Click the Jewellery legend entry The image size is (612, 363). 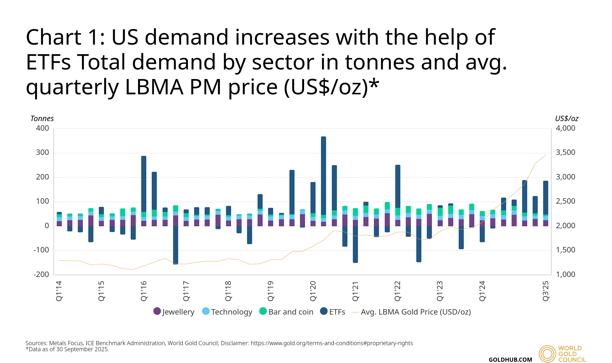tap(174, 312)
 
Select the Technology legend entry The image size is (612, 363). tap(227, 312)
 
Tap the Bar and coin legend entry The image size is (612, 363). tap(286, 312)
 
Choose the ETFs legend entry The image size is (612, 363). tap(333, 312)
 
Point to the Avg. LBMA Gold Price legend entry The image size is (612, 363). tap(411, 312)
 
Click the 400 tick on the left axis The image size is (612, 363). tap(43, 128)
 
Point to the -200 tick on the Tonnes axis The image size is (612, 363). tap(41, 274)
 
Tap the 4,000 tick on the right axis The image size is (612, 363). tap(565, 128)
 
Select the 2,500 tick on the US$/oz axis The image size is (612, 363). tap(565, 201)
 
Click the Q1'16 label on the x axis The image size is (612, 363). tap(144, 291)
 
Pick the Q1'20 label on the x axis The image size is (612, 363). tap(313, 291)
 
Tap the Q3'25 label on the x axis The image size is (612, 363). tap(546, 291)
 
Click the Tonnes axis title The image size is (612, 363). tap(42, 119)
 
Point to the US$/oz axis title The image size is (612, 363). tap(566, 119)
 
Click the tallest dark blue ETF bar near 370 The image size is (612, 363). tap(324, 175)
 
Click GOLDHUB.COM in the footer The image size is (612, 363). tap(510, 359)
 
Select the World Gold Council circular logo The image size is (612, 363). tap(547, 354)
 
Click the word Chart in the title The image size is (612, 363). tap(53, 37)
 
